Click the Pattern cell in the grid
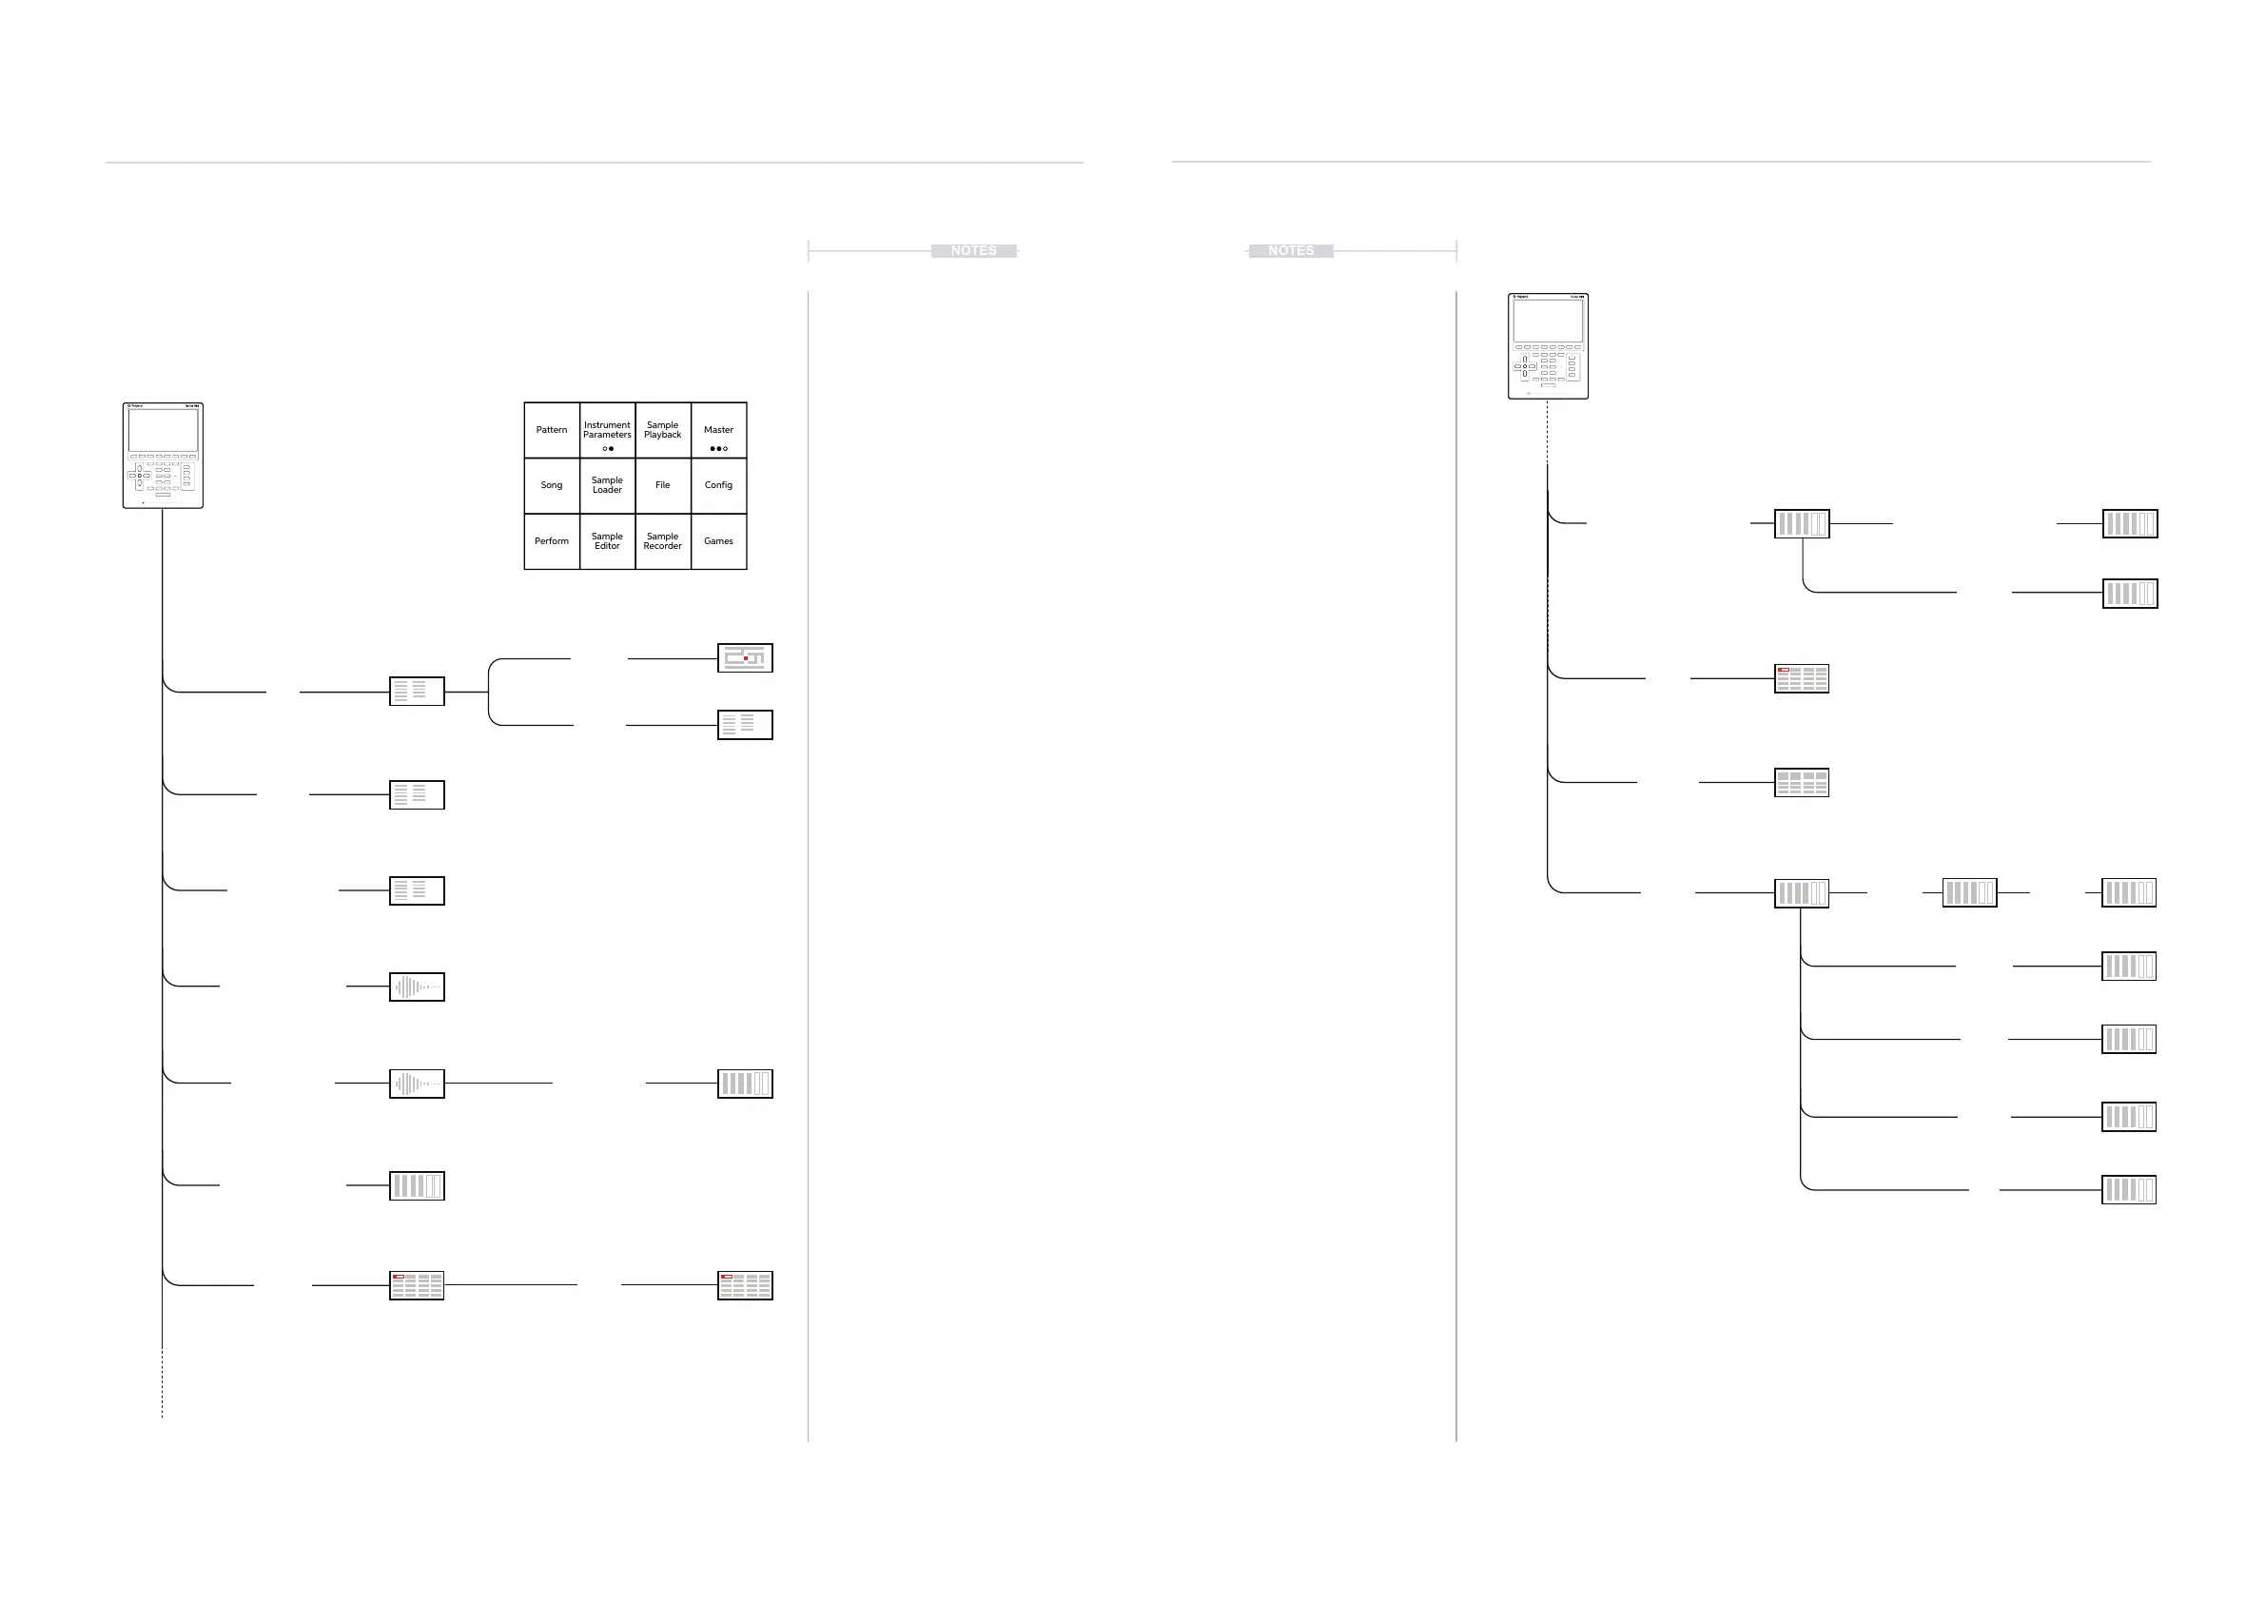pyautogui.click(x=552, y=430)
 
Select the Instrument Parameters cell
pyautogui.click(x=607, y=430)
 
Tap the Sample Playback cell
pyautogui.click(x=663, y=430)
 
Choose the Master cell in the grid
pyautogui.click(x=718, y=430)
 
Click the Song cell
pyautogui.click(x=552, y=485)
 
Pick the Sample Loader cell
pyautogui.click(x=607, y=485)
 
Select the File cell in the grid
pyautogui.click(x=663, y=485)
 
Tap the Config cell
pyautogui.click(x=718, y=485)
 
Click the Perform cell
pyautogui.click(x=552, y=541)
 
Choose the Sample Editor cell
pyautogui.click(x=607, y=541)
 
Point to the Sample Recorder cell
pyautogui.click(x=663, y=541)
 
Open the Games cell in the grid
pyautogui.click(x=718, y=541)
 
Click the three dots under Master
pyautogui.click(x=718, y=449)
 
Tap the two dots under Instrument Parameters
pyautogui.click(x=608, y=449)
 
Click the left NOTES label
pyautogui.click(x=974, y=251)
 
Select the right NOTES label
pyautogui.click(x=1290, y=251)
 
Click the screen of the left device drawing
pyautogui.click(x=163, y=430)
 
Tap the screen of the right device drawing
pyautogui.click(x=1548, y=321)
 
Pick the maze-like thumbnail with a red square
pyautogui.click(x=745, y=658)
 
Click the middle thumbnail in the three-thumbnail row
pyautogui.click(x=1969, y=892)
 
